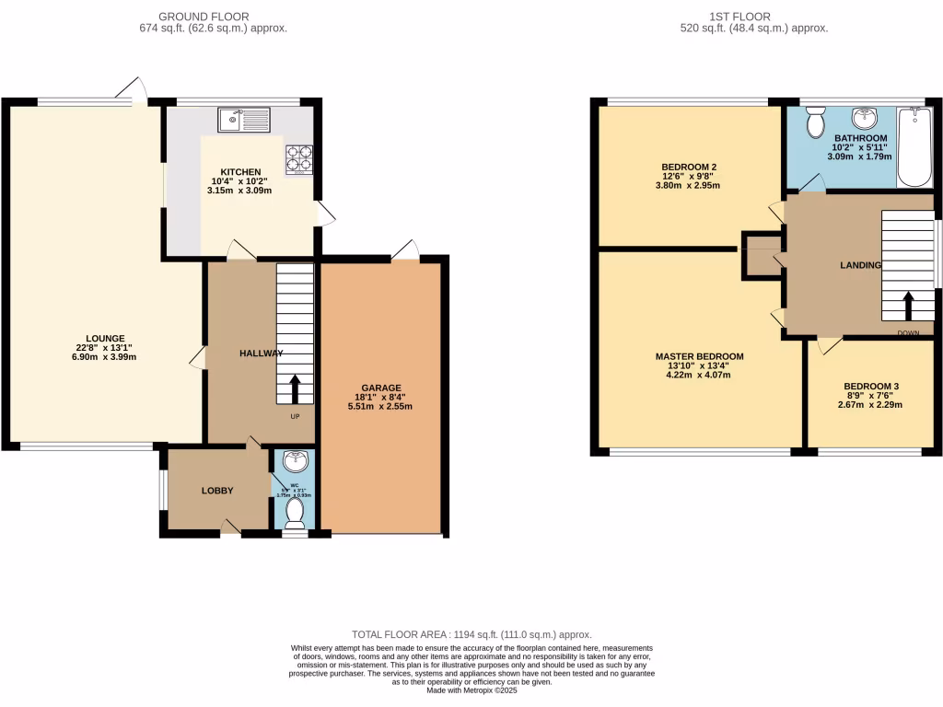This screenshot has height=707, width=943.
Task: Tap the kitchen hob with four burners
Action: [299, 160]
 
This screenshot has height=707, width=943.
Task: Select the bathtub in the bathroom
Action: [914, 147]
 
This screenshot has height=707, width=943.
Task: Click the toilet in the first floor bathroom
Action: [815, 122]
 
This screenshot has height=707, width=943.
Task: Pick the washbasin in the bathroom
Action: [863, 119]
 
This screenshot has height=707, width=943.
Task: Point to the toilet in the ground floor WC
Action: [296, 513]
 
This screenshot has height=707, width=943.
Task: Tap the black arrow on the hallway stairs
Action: [296, 388]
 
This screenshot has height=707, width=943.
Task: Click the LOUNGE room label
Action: [107, 338]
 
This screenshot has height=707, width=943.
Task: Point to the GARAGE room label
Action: [380, 388]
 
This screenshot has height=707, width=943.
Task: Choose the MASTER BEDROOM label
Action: [699, 356]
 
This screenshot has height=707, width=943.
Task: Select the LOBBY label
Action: [217, 491]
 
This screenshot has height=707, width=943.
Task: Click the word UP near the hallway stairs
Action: [296, 417]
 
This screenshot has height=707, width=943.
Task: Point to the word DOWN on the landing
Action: [907, 332]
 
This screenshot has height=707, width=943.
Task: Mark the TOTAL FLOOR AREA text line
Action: [471, 635]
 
